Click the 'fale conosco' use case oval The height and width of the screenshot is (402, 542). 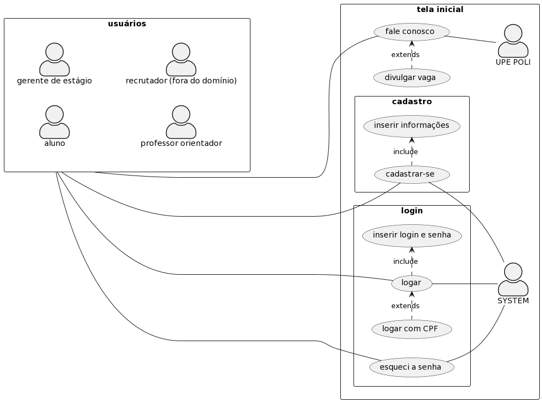pos(412,32)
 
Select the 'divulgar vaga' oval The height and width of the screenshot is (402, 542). pos(412,78)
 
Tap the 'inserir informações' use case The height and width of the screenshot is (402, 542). pos(412,126)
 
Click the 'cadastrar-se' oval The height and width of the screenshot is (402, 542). pos(412,174)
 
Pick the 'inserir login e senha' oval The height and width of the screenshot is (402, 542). pos(412,235)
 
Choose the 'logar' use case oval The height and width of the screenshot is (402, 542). pos(412,283)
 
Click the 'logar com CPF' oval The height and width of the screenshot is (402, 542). pos(412,329)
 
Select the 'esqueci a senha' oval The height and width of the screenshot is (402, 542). pos(412,367)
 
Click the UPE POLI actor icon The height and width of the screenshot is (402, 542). pos(513,41)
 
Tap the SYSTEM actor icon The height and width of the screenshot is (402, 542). pos(513,279)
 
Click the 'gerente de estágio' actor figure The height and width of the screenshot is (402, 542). pos(54,59)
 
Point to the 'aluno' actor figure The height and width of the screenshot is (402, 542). pos(54,122)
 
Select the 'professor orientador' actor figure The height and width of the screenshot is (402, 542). pos(181,122)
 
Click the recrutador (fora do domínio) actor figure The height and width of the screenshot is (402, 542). pos(181,59)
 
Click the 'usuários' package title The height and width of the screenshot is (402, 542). pos(127,24)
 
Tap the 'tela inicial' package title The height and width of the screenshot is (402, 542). pos(440,9)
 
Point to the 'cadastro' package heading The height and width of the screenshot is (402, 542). pos(412,101)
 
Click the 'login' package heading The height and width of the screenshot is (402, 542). pos(412,211)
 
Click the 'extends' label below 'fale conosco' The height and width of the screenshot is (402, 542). pos(405,55)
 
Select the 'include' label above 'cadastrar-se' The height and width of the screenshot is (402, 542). pos(405,151)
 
